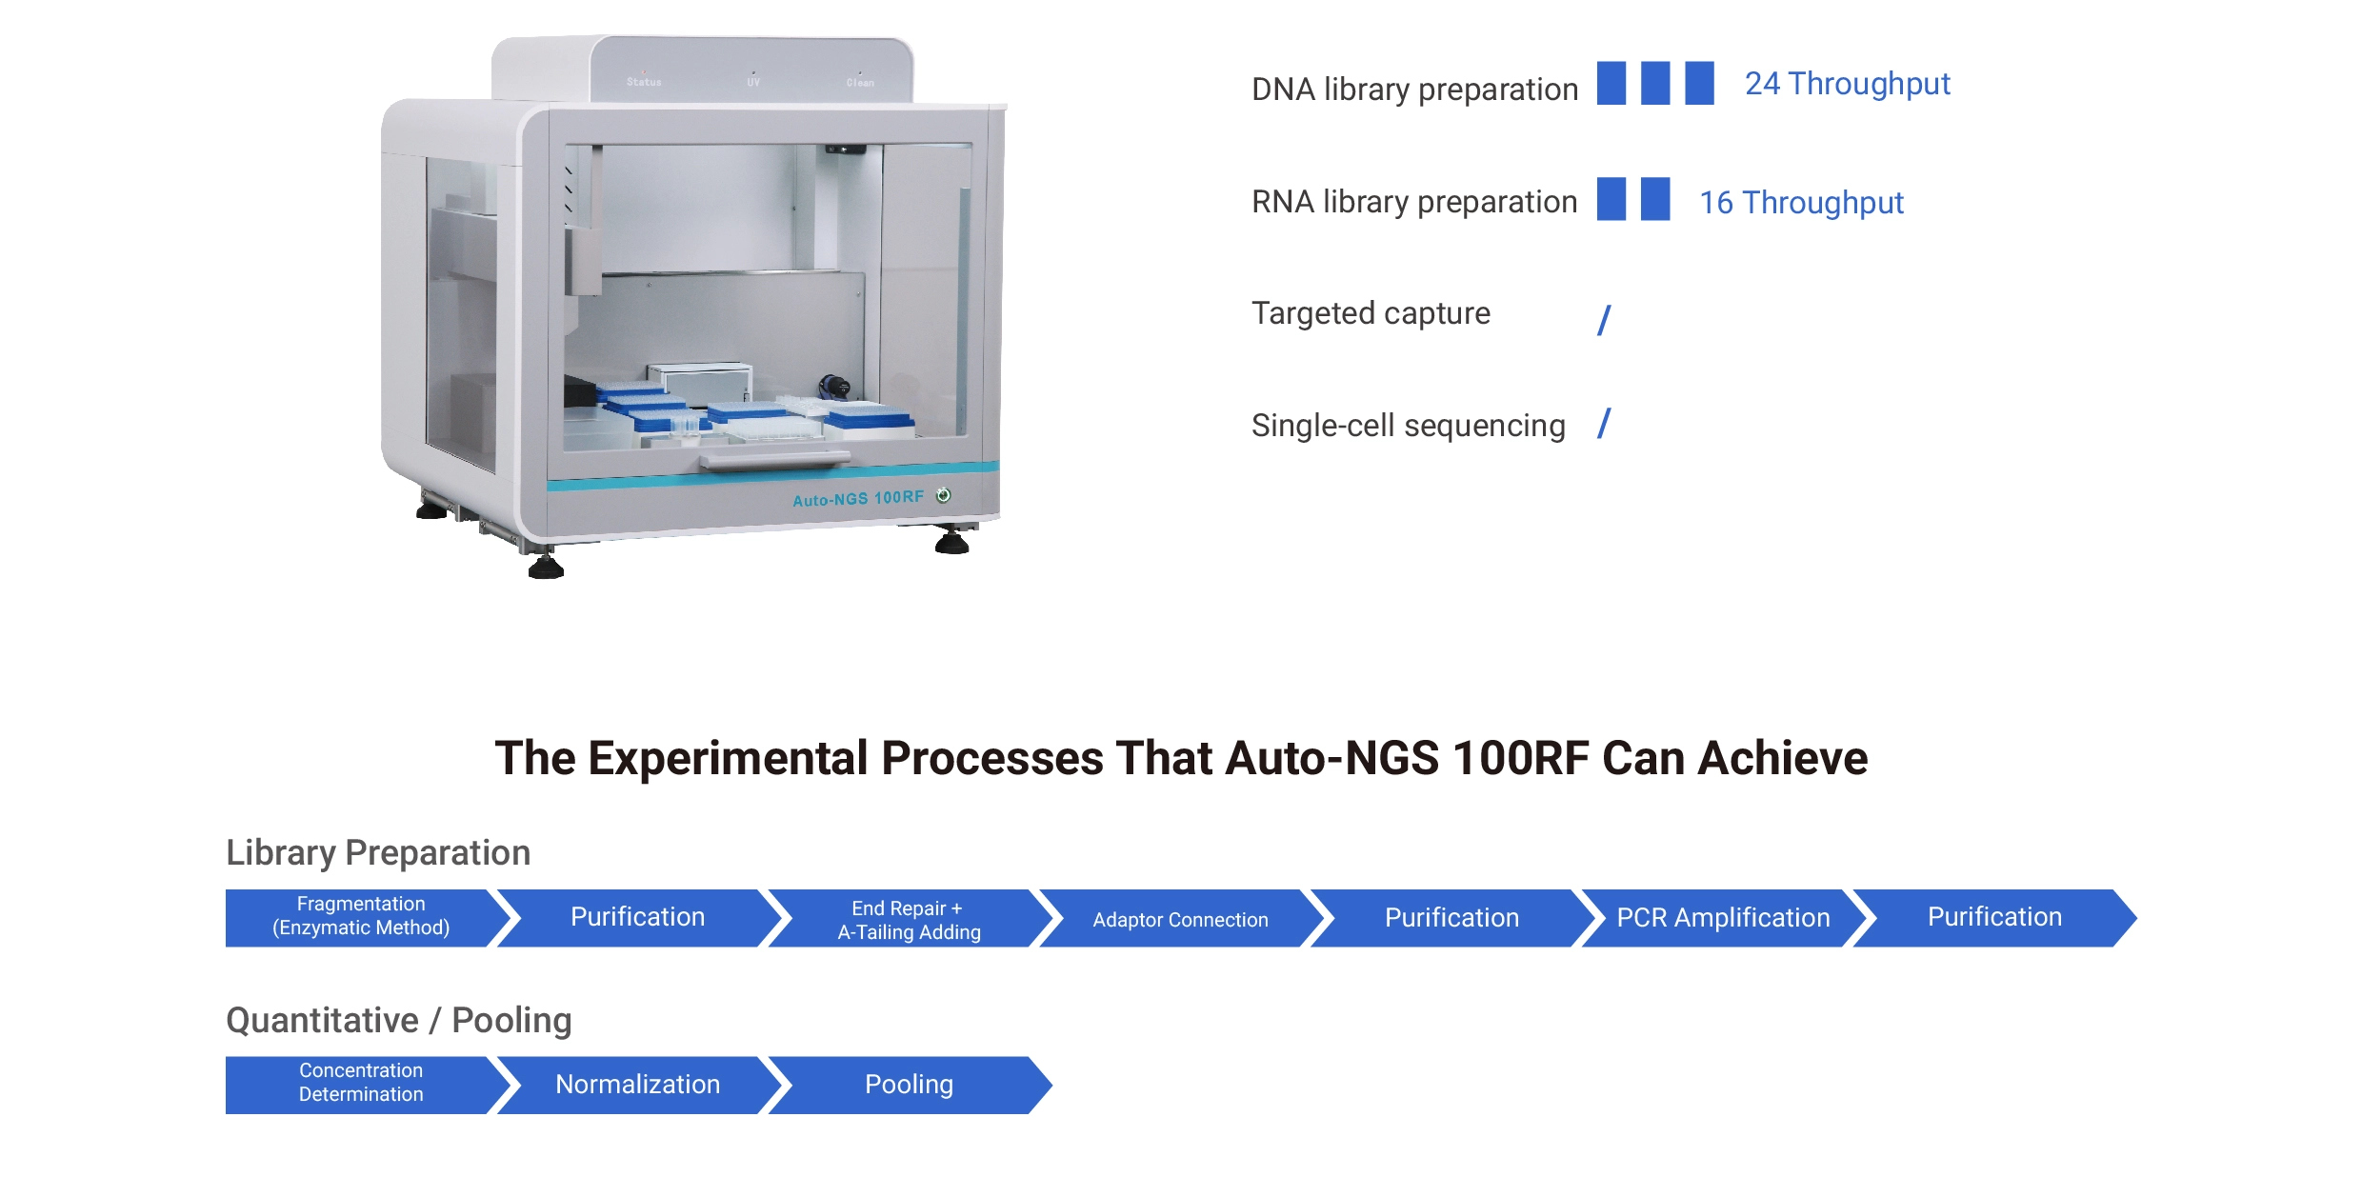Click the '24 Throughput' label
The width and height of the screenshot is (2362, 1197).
point(1847,85)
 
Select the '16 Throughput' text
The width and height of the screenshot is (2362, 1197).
point(1801,203)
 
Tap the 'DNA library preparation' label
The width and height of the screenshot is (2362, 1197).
point(1414,90)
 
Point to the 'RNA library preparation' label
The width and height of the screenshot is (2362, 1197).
point(1414,202)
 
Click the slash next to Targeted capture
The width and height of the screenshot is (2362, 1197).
point(1604,320)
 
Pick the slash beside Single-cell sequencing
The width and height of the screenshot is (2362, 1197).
point(1604,424)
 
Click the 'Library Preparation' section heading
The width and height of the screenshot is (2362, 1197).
point(378,852)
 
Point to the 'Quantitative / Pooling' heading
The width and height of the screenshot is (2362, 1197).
point(398,1020)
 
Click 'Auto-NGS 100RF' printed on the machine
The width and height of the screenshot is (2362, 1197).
point(858,499)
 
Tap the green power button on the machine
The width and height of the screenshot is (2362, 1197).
point(943,494)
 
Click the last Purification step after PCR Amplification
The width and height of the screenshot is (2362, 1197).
point(1996,918)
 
